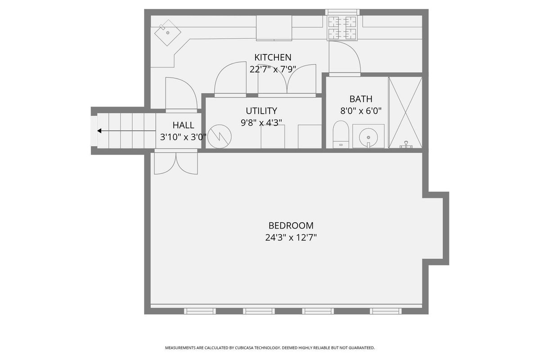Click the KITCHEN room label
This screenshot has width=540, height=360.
click(x=273, y=58)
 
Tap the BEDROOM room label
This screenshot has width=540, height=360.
click(x=291, y=226)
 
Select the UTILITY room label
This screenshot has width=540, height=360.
click(x=261, y=111)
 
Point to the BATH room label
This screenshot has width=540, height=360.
click(x=360, y=99)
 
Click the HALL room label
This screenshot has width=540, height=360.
click(x=183, y=126)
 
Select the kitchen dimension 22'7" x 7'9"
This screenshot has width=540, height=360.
click(x=273, y=69)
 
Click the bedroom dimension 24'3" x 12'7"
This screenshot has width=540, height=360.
click(x=291, y=238)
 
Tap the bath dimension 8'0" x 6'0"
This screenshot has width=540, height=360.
click(x=360, y=111)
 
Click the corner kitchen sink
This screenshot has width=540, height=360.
click(x=167, y=32)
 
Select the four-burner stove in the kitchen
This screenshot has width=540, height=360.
click(x=342, y=28)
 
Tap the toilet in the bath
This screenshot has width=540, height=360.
click(x=341, y=134)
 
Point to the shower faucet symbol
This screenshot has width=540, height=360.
click(x=406, y=145)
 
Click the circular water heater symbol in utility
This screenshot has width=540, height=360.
click(x=220, y=136)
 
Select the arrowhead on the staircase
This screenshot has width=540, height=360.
click(x=99, y=131)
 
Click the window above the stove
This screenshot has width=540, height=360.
click(x=342, y=12)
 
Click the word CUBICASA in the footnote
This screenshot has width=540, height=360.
click(x=245, y=348)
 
